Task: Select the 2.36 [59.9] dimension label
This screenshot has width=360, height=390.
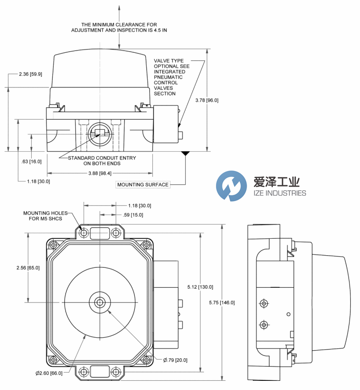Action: pyautogui.click(x=30, y=74)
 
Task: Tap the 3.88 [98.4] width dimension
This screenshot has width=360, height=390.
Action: pyautogui.click(x=100, y=173)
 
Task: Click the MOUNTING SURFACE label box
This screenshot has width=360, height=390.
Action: pyautogui.click(x=143, y=185)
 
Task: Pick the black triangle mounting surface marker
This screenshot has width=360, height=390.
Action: pyautogui.click(x=185, y=154)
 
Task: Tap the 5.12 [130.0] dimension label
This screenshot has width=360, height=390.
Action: pyautogui.click(x=200, y=287)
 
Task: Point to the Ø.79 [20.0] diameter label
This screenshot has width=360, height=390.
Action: pyautogui.click(x=176, y=360)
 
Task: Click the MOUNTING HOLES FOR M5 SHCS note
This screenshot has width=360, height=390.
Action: pyautogui.click(x=45, y=216)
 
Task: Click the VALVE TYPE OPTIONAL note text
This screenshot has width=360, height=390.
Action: pyautogui.click(x=171, y=77)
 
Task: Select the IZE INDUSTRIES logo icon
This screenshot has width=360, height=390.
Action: pyautogui.click(x=231, y=186)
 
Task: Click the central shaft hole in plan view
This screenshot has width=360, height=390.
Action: pyautogui.click(x=100, y=302)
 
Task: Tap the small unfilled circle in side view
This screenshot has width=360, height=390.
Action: pyautogui.click(x=288, y=314)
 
